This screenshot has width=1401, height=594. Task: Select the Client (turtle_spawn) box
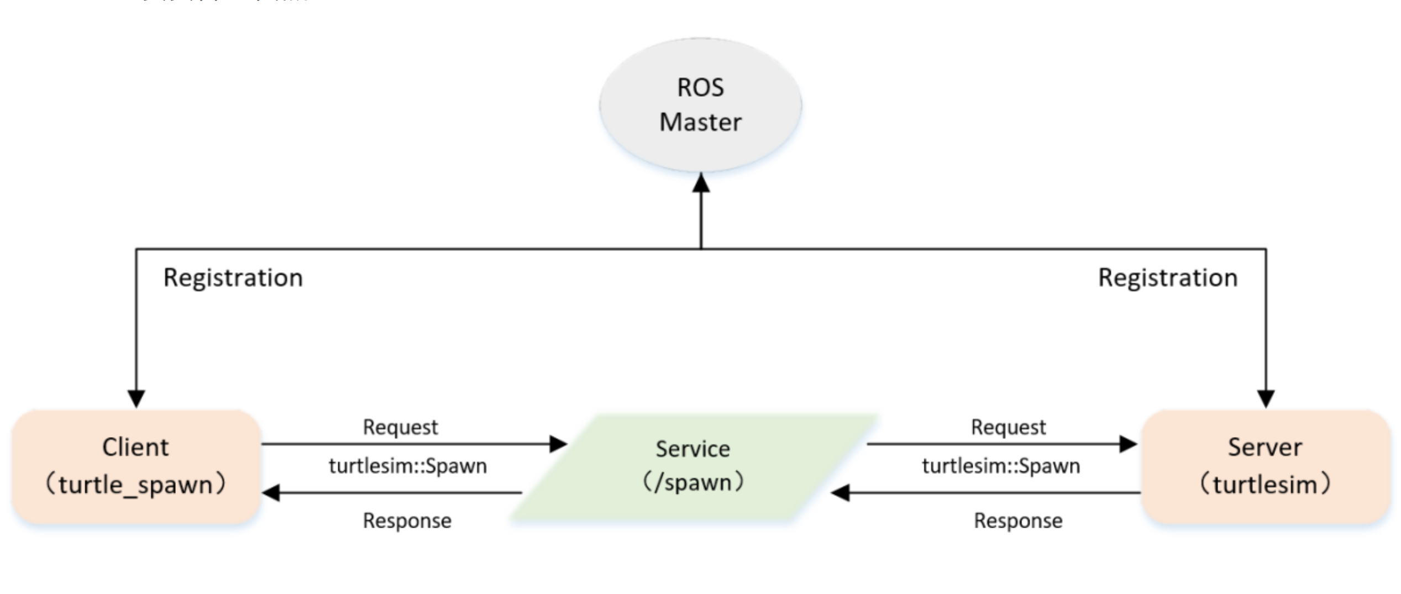tap(136, 467)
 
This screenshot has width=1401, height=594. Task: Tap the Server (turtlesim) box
tap(1265, 467)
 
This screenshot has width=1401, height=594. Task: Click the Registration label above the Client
tap(233, 277)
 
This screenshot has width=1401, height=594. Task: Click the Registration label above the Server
tap(1167, 277)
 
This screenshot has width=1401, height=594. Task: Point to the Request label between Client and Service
tap(400, 427)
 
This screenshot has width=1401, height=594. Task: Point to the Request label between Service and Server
tap(1008, 427)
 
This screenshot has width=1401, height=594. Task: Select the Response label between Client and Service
tap(407, 521)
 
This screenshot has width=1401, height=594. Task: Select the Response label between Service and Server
tap(1017, 521)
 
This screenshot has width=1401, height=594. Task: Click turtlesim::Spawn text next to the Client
tap(407, 466)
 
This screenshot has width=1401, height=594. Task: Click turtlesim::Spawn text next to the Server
tap(1000, 466)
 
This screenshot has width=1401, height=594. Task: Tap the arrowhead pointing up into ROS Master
tap(701, 183)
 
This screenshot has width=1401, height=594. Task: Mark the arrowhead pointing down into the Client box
tap(137, 398)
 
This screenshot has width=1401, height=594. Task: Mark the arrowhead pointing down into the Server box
tap(1266, 398)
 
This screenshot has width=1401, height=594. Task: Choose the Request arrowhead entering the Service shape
tap(558, 444)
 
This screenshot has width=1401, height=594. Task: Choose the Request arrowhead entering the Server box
tap(1128, 444)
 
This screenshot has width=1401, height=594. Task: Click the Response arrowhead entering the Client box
tap(271, 492)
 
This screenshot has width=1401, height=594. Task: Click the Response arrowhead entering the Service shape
tap(840, 492)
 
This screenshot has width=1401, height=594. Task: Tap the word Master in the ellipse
tap(700, 122)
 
